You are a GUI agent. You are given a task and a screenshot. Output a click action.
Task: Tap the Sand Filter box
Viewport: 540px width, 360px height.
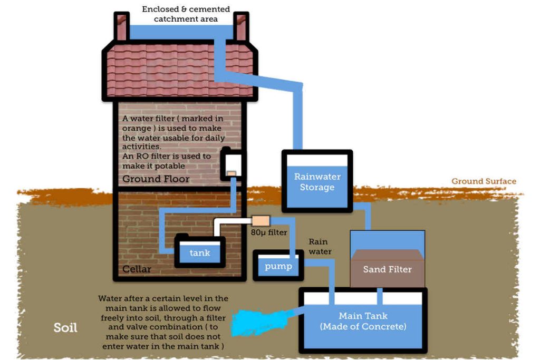click(x=387, y=268)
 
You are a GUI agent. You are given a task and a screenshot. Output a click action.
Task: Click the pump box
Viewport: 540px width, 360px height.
click(x=278, y=266)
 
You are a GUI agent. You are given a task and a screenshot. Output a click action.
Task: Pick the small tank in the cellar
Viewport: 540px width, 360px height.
click(x=200, y=252)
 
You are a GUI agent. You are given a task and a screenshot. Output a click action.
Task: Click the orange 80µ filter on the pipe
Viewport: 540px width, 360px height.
click(x=261, y=220)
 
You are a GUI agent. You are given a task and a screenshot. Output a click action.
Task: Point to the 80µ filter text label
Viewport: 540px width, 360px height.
click(x=269, y=232)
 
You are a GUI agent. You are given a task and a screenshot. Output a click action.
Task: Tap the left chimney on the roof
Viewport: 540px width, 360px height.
click(x=122, y=27)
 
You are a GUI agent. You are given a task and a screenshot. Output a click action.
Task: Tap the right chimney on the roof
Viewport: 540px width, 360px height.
click(x=242, y=27)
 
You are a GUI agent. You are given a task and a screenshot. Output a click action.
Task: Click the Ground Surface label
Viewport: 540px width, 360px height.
click(x=484, y=181)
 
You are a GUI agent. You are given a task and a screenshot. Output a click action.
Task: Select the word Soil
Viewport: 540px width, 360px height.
click(x=65, y=328)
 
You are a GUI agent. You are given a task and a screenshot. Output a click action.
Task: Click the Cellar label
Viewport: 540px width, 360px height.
click(x=137, y=269)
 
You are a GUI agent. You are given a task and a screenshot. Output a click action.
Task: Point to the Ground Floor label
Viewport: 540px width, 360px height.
click(x=156, y=179)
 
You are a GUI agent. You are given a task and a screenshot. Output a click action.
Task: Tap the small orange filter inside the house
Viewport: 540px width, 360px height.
click(x=231, y=173)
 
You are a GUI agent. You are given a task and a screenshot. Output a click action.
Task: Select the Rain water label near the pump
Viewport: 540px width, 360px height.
click(x=320, y=247)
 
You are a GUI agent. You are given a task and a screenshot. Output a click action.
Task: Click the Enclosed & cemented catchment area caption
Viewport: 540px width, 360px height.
click(x=186, y=14)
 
